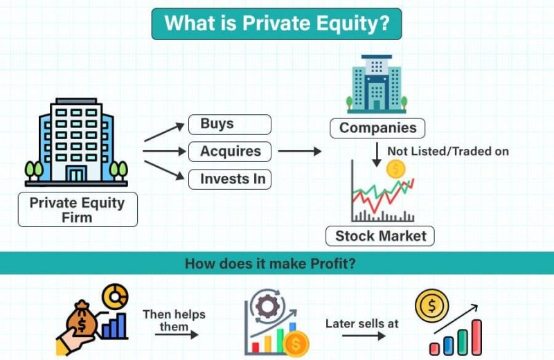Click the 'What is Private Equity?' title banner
276,24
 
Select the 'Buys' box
230,125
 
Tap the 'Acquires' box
230,152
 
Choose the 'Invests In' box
230,179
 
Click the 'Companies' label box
377,128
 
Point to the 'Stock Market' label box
379,236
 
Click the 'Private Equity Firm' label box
78,210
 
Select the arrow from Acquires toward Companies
300,151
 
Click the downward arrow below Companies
377,154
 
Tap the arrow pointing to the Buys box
164,132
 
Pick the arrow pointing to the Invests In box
164,170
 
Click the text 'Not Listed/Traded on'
448,151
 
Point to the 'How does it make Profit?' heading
270,264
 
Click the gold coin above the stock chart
395,169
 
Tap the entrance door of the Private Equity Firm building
76,174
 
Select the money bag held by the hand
82,318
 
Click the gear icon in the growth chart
267,305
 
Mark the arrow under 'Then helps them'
177,334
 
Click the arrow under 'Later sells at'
364,335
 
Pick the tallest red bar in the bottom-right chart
476,337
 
